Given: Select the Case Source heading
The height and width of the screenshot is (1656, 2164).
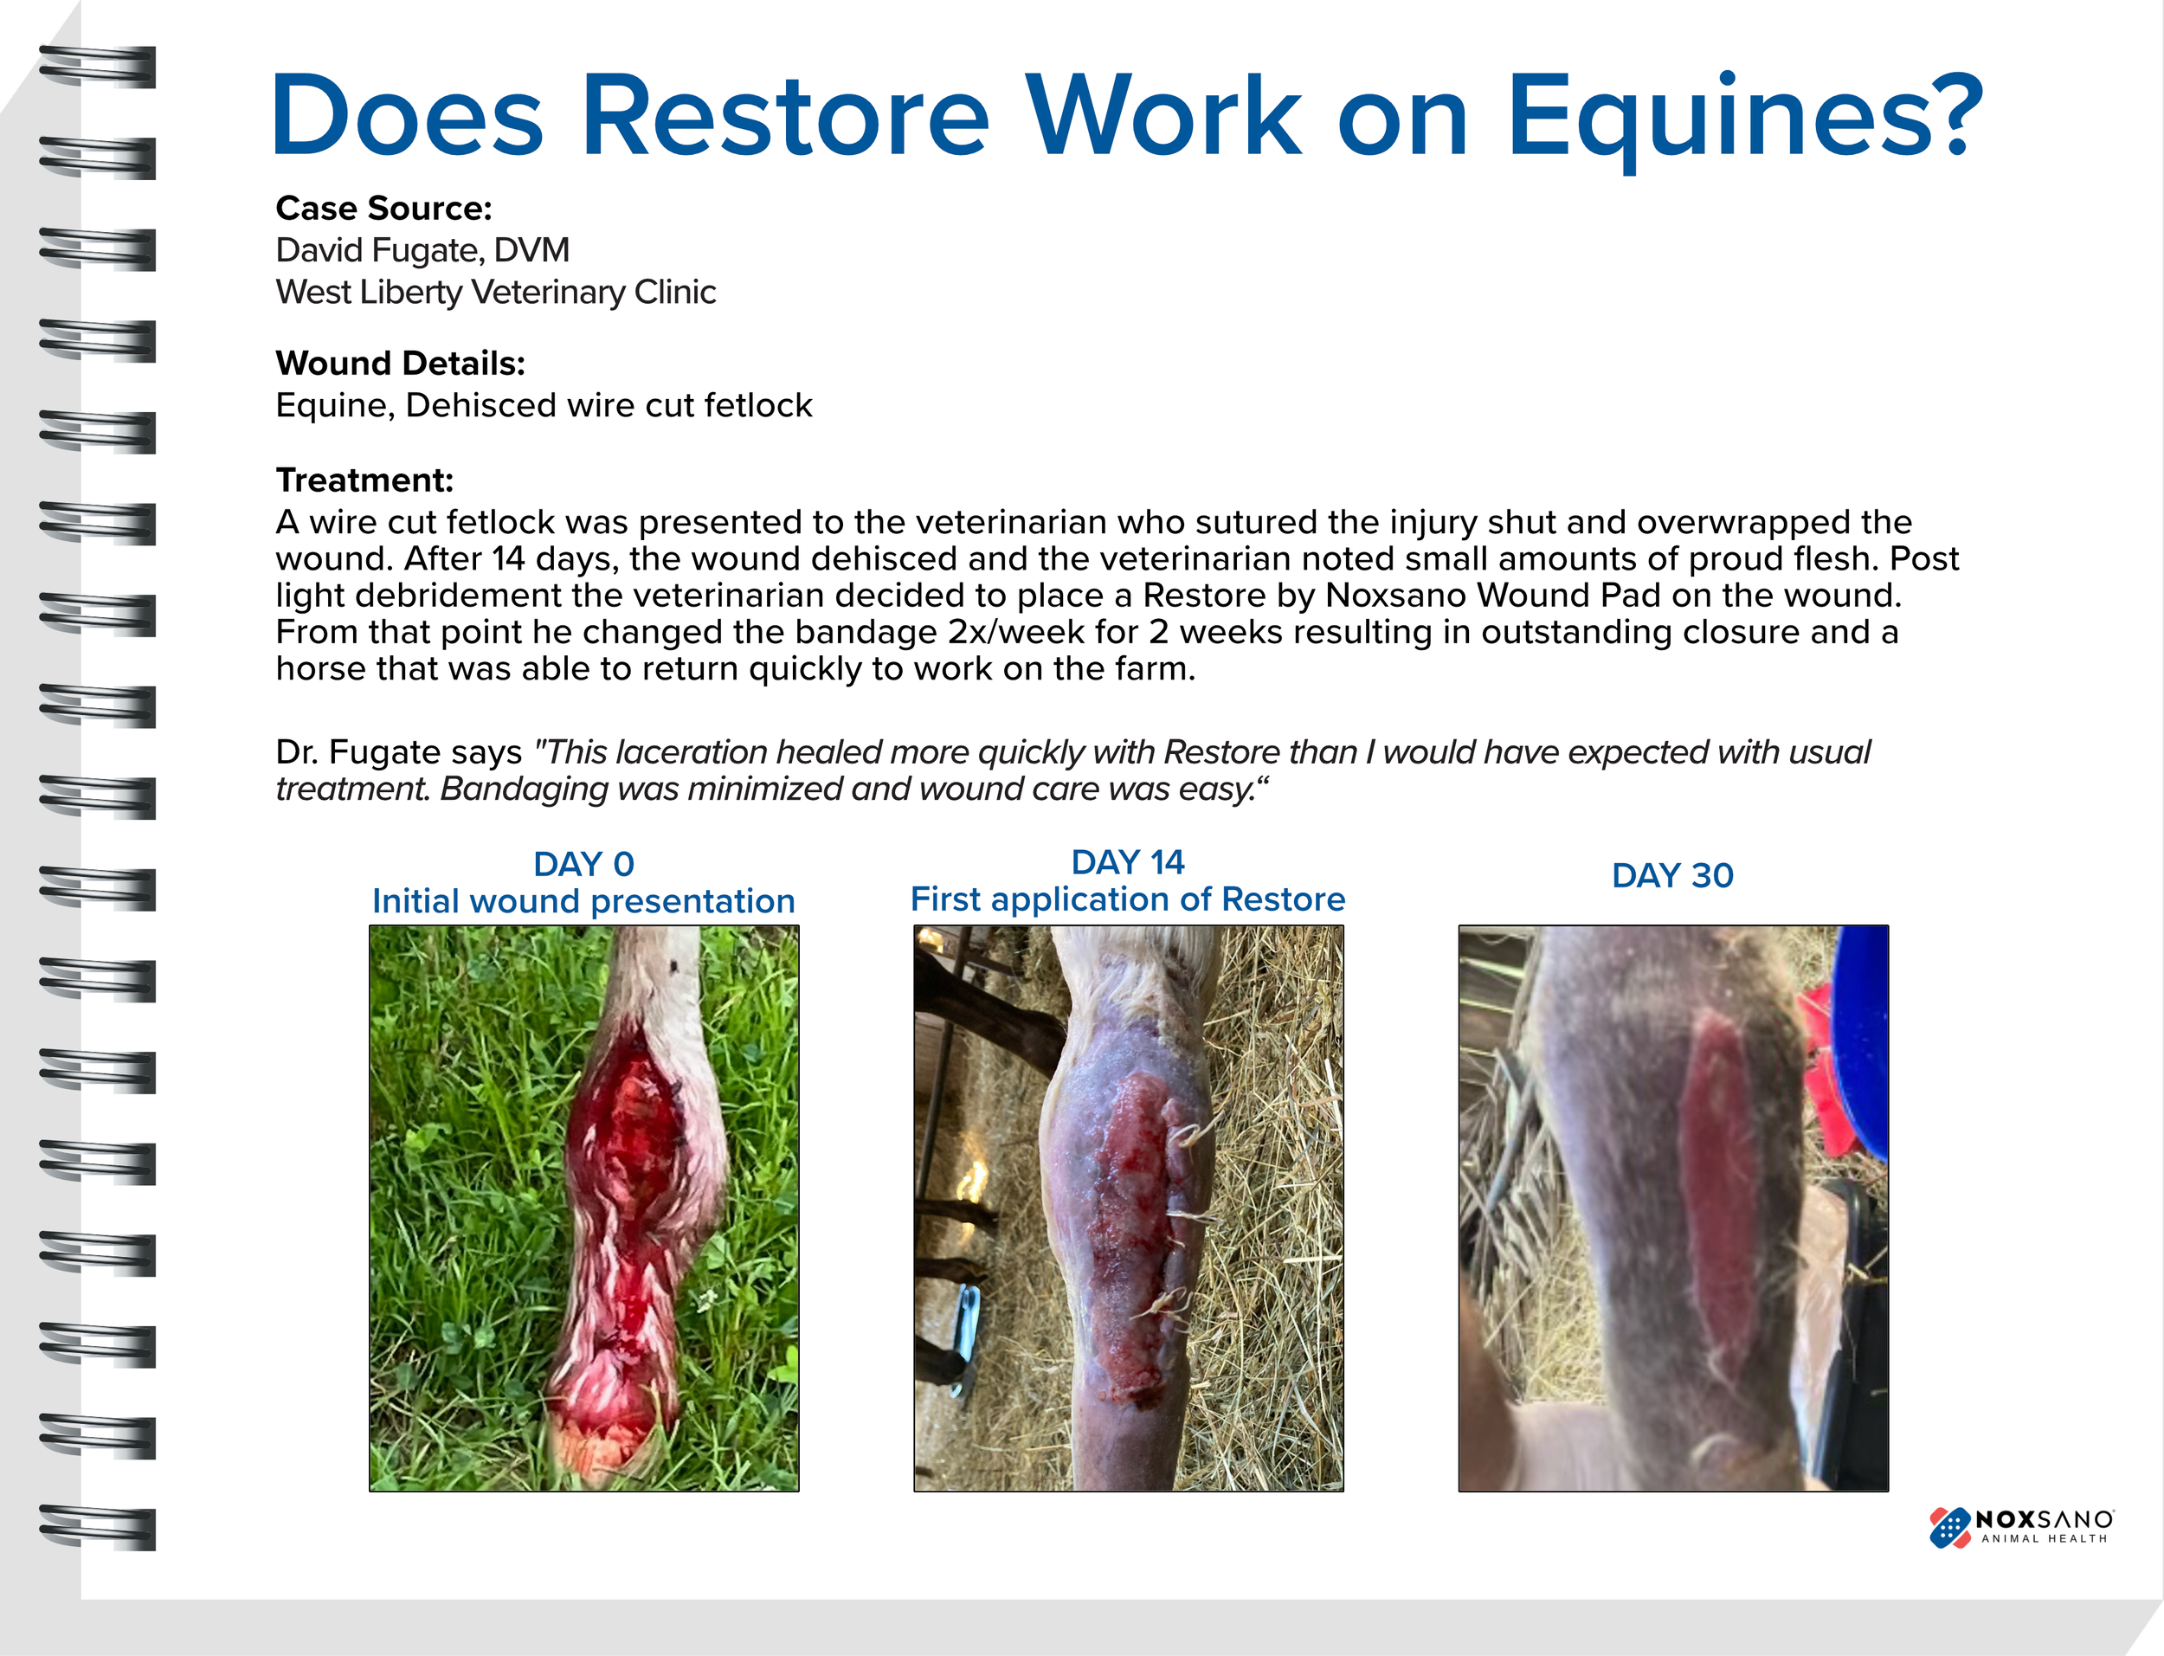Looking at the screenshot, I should [383, 209].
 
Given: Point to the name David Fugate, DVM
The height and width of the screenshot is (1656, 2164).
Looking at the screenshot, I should [422, 250].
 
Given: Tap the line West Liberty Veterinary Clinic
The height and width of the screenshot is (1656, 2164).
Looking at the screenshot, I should [496, 293].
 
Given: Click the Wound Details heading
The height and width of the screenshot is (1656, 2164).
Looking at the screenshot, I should [400, 364].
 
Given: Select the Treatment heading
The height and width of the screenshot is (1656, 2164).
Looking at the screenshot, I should [364, 480].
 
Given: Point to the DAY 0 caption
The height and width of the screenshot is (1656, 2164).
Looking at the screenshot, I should [583, 865].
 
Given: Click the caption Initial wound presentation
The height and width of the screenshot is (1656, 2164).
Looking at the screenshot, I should [583, 901].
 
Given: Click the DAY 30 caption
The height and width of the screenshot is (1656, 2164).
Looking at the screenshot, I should [1672, 875].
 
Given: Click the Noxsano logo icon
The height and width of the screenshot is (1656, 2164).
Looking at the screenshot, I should [1948, 1527].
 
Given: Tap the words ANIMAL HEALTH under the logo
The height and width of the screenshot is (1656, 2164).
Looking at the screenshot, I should [2044, 1538].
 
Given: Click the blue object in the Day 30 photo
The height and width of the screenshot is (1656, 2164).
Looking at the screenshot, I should [1862, 1035].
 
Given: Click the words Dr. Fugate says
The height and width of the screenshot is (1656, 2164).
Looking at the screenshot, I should [398, 753].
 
